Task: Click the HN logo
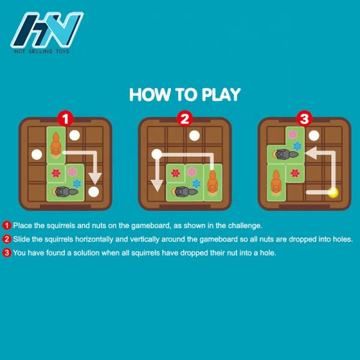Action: coord(47,32)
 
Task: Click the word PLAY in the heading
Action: coord(221,95)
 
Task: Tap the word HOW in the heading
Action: coord(150,95)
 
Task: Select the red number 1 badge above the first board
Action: coord(65,119)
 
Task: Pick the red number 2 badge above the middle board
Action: coord(185,119)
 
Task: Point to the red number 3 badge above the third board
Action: coord(304,119)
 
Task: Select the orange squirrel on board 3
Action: coord(276,182)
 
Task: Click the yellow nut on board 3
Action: coord(333,193)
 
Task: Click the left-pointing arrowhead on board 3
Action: coord(311,153)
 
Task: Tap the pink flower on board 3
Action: coord(293,134)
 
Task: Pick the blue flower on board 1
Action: coord(77,184)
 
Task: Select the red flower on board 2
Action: coord(175,173)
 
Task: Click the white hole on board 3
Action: coord(314,136)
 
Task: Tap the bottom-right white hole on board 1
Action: coord(94,192)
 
